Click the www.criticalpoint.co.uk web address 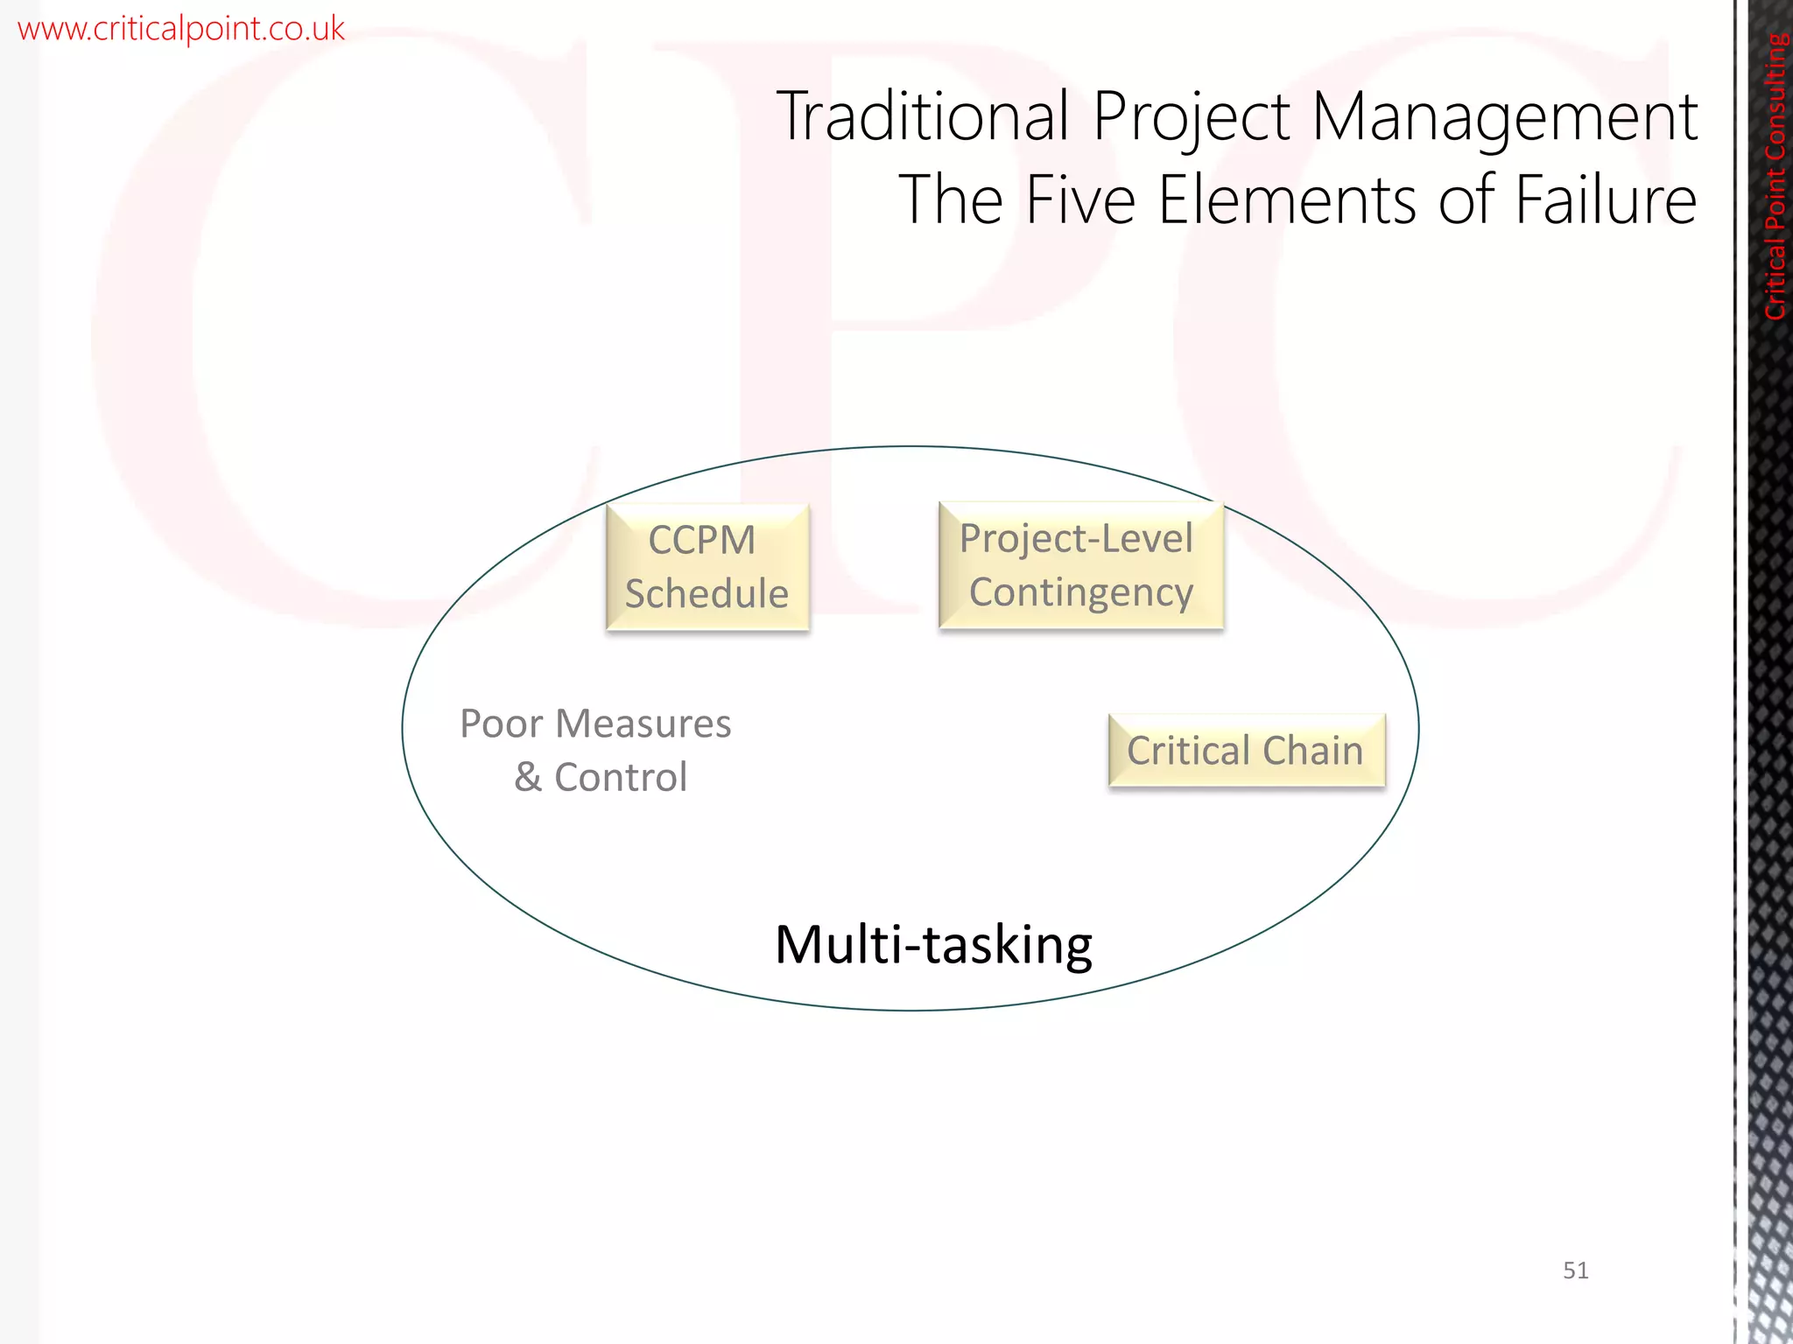coord(181,29)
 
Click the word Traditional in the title coord(923,116)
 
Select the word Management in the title coord(1504,118)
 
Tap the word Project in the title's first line coord(1191,118)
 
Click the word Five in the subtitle coord(1079,200)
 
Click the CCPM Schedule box coord(707,567)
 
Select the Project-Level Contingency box coord(1079,565)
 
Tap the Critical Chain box coord(1246,751)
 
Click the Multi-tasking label coord(933,946)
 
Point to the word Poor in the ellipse coord(502,724)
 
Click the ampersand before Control coord(528,777)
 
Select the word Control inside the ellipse coord(621,777)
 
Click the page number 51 coord(1575,1270)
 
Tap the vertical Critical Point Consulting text coord(1775,175)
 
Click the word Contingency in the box coord(1080,593)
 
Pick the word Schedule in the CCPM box coord(707,594)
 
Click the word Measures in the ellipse coord(643,724)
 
